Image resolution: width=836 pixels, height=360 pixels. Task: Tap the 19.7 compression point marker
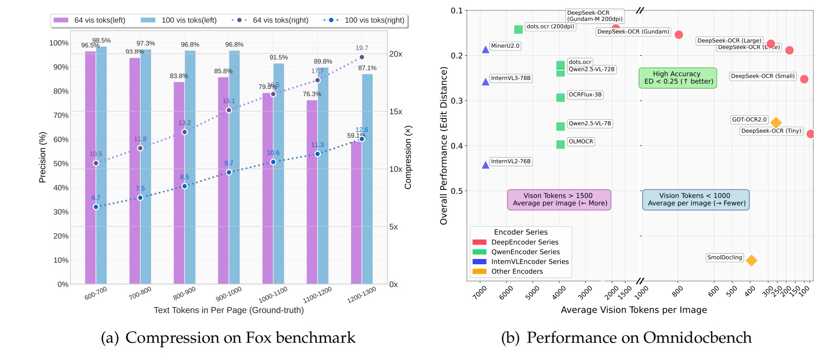(362, 57)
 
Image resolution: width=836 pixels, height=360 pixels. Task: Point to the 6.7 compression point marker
(96, 207)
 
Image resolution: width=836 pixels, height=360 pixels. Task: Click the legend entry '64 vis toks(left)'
(89, 20)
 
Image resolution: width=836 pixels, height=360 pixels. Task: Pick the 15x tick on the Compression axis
(396, 111)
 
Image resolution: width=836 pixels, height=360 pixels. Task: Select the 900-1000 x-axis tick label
(228, 294)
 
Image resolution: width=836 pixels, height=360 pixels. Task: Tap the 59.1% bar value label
(356, 136)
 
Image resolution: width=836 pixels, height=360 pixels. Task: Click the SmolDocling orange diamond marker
(751, 260)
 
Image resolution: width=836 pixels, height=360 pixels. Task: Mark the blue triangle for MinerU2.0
(486, 50)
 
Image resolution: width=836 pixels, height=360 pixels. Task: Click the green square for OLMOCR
(560, 144)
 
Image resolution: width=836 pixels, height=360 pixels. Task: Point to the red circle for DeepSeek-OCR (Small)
(804, 79)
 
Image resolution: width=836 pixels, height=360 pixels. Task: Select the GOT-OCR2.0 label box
(749, 120)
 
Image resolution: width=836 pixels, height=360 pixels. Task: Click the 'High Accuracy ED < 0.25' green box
(678, 78)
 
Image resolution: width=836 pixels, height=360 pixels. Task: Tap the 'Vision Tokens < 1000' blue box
(696, 199)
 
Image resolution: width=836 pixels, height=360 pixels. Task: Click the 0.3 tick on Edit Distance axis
(457, 101)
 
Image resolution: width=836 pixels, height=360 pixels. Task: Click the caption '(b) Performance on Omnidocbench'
(626, 338)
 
